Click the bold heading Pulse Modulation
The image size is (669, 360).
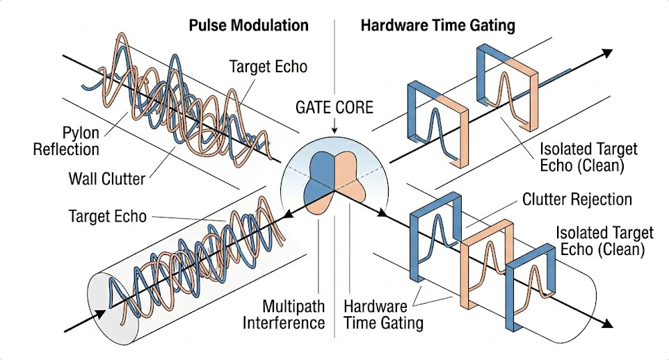tap(248, 26)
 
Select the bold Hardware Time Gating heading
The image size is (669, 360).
tap(437, 26)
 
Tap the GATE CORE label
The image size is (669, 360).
tap(334, 108)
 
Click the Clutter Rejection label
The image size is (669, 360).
tap(577, 200)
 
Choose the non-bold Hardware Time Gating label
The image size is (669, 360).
tap(383, 314)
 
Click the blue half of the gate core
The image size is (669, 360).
tap(321, 173)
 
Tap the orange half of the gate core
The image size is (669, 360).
tap(350, 173)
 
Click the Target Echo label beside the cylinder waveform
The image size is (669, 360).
tap(108, 216)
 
